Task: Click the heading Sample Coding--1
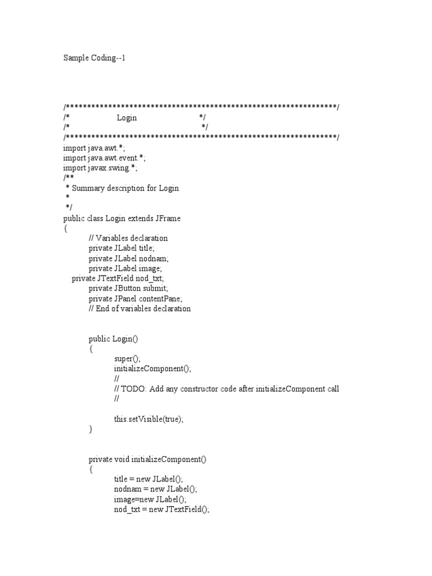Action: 93,57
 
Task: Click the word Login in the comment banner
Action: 127,118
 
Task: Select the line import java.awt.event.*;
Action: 104,158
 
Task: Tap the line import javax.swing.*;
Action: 100,168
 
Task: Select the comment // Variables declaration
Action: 128,238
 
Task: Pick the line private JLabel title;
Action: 121,248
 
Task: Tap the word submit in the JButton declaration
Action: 156,289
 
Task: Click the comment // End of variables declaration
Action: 139,309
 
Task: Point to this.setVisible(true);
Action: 148,420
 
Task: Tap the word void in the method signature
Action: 121,460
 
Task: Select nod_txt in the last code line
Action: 126,510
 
